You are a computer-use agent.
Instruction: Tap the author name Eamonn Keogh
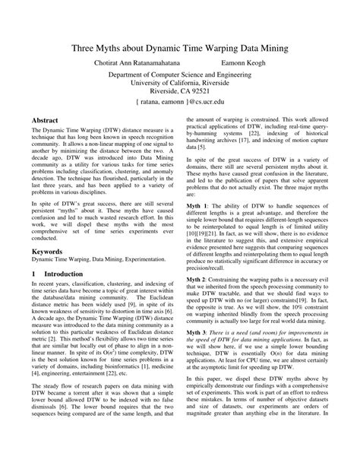246,65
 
